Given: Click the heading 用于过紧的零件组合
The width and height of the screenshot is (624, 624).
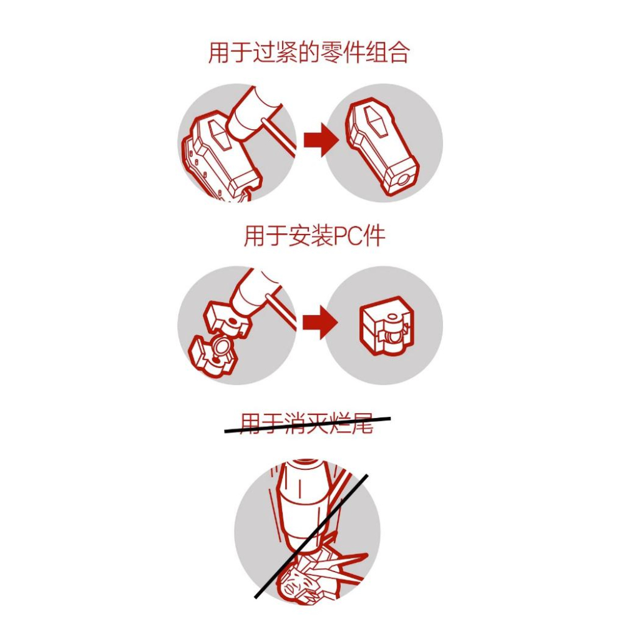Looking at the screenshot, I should (308, 53).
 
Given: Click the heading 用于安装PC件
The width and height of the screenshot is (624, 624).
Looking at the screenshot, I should (314, 236).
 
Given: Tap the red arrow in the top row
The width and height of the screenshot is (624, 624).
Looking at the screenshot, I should (321, 140).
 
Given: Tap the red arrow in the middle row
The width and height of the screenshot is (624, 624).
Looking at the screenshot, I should (319, 323).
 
